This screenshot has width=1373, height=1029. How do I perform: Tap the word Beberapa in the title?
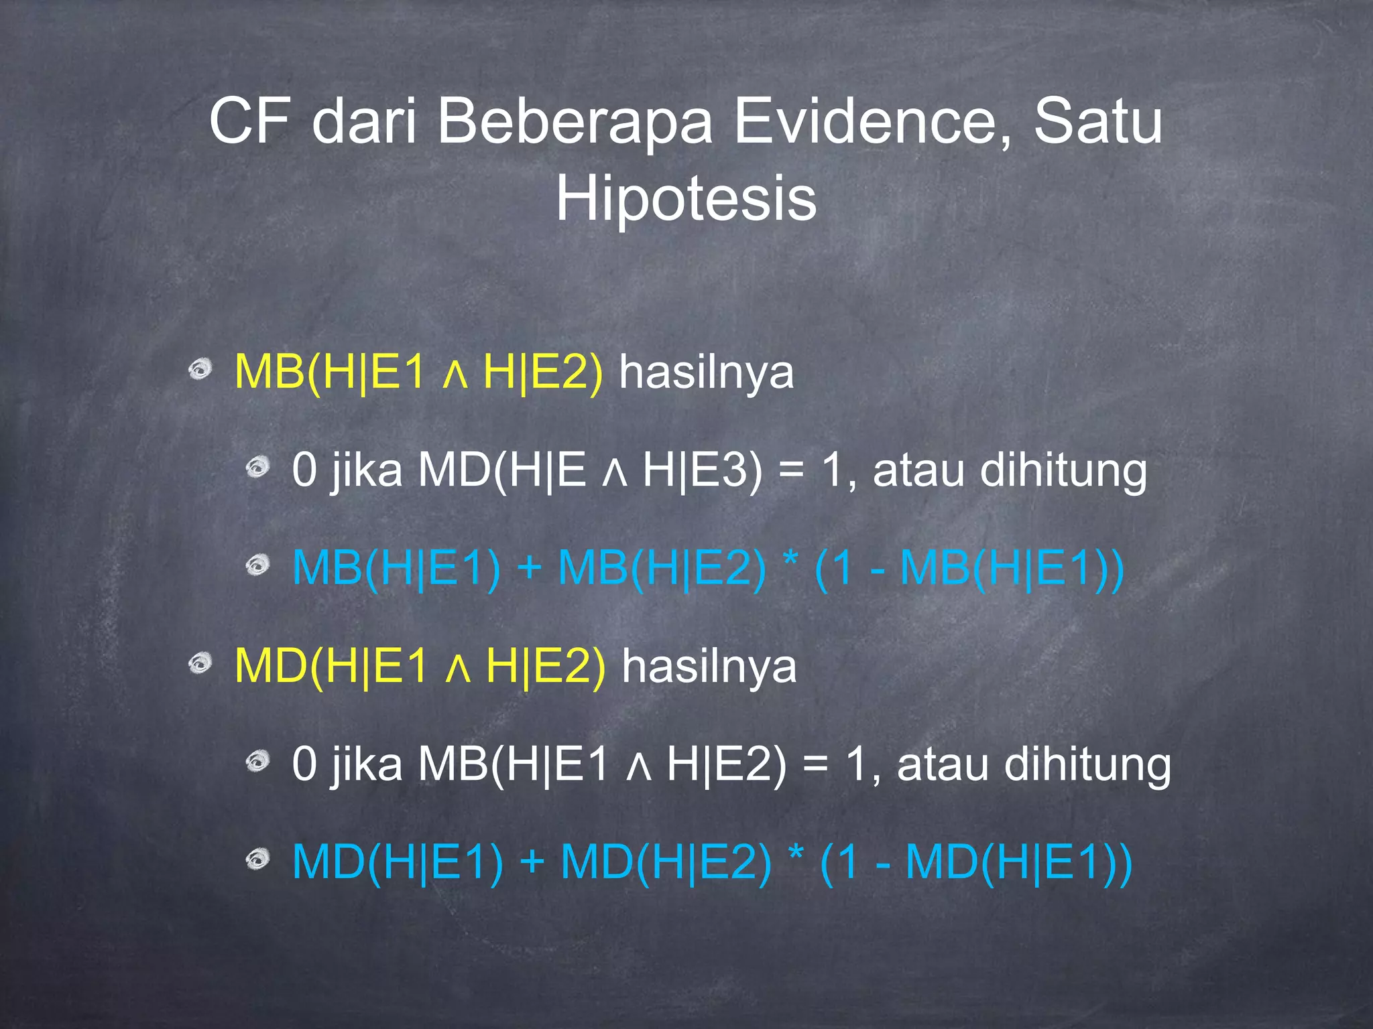pyautogui.click(x=575, y=121)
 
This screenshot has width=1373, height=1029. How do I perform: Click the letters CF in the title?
pyautogui.click(x=249, y=121)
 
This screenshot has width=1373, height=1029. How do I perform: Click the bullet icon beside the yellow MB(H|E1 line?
pyautogui.click(x=200, y=369)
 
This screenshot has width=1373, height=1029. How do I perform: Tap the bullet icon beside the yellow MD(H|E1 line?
pyautogui.click(x=200, y=664)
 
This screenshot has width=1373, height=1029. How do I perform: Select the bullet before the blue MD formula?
pyautogui.click(x=257, y=860)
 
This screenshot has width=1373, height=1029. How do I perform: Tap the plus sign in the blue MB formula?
pyautogui.click(x=529, y=567)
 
